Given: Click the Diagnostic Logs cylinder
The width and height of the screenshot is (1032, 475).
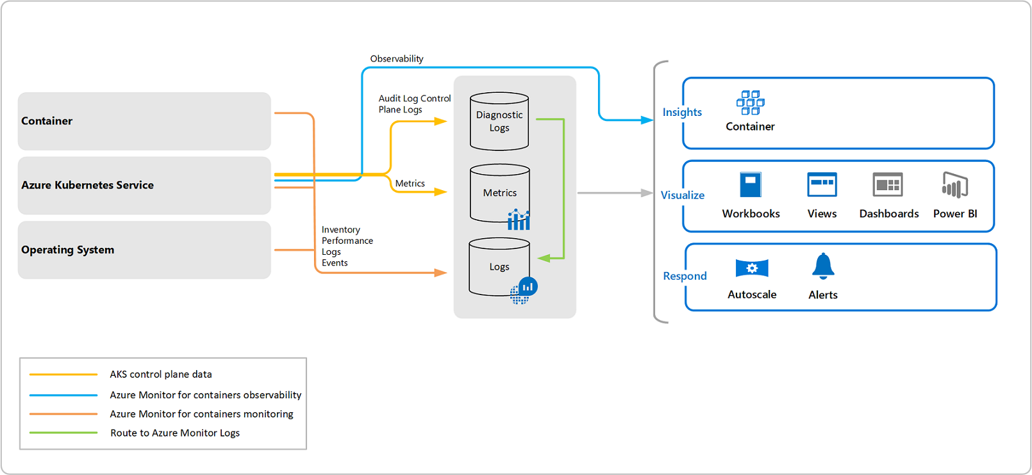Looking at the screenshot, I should (499, 122).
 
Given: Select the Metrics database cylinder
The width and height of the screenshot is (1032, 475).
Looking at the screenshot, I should (499, 193).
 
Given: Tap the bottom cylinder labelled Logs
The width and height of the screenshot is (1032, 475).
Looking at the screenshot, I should (499, 267).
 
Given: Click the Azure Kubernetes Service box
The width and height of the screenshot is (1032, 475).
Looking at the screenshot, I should (144, 186).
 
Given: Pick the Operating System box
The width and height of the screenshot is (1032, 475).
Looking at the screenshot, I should (144, 250).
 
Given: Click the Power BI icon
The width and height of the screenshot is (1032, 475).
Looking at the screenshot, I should (954, 186).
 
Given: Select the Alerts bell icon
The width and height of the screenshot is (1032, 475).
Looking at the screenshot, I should (823, 266).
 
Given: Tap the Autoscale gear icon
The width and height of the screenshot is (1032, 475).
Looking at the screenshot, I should (752, 268).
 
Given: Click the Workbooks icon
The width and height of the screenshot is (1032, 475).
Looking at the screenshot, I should (751, 185).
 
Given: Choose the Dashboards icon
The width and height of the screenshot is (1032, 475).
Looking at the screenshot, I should (888, 185).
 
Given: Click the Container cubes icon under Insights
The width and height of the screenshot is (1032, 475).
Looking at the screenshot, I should (750, 102).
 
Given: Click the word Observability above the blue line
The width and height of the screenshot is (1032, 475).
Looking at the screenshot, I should (397, 59).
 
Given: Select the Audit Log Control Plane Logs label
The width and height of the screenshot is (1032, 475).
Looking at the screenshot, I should (414, 104).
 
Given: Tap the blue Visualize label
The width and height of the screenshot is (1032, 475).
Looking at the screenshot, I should (683, 195).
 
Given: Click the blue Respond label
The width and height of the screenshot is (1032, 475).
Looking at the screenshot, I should (685, 276).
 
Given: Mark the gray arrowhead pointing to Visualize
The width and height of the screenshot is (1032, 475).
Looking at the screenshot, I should (647, 193).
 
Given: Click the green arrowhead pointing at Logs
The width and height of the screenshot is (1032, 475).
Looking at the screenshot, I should (544, 258).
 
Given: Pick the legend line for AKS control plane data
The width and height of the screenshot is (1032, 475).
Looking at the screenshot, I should (63, 374).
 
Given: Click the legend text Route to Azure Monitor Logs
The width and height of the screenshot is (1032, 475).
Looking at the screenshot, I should (175, 433).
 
